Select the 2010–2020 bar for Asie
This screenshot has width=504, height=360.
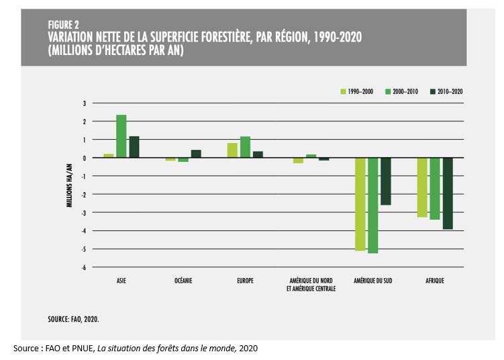134,147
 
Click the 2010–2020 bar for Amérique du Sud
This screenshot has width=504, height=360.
385,181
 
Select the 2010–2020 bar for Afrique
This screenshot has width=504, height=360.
448,193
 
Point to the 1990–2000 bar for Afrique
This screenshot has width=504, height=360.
422,187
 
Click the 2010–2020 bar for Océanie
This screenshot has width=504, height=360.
196,154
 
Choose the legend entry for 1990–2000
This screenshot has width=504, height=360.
357,91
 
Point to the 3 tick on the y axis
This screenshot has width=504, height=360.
85,103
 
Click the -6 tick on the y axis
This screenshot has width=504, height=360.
84,267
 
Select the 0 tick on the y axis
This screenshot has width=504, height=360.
85,158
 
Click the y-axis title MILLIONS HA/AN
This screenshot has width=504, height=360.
69,185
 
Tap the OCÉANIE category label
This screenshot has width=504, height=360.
183,281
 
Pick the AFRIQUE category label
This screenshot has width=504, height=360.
434,281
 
